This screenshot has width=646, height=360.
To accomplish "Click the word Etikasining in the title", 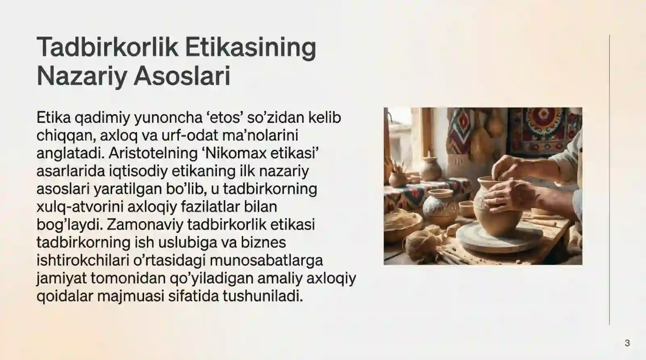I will coord(251,47).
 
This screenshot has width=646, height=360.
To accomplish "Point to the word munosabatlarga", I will coord(266,260).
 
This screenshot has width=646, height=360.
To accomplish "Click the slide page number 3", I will coord(627,343).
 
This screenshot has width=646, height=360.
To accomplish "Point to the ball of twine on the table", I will coord(420,242).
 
